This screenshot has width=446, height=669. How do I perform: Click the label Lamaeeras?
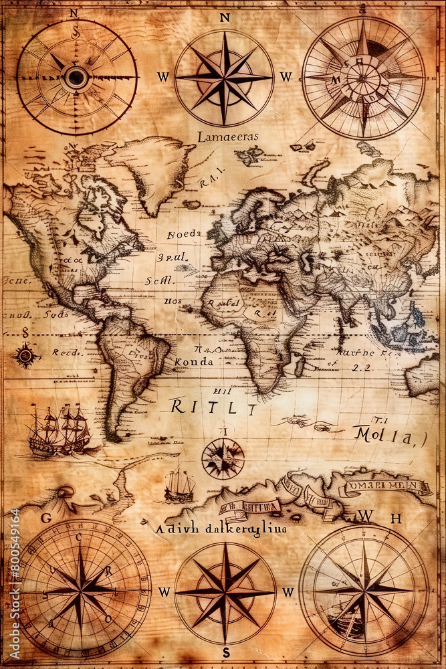227,137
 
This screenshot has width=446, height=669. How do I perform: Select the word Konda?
193,362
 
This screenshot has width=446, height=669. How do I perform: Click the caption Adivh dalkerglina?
220,529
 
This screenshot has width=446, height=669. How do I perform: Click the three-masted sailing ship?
60,432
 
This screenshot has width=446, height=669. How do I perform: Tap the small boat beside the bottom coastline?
179,485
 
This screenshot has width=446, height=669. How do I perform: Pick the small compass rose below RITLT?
223,459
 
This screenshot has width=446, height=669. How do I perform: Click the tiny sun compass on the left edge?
25,355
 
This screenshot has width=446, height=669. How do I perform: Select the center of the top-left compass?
76,78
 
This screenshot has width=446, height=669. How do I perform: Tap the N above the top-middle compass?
225,18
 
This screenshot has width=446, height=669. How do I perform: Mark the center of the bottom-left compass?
81,589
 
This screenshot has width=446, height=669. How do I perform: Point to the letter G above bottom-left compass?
45,518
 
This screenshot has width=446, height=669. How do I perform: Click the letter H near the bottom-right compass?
396,518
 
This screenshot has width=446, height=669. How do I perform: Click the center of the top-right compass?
363,78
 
